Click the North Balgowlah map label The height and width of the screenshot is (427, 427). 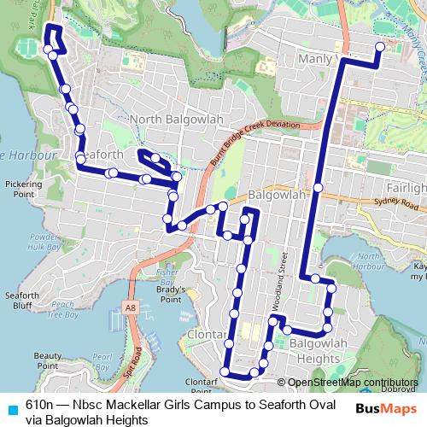171,119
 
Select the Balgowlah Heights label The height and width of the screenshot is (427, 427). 318,350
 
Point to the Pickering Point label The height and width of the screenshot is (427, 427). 23,188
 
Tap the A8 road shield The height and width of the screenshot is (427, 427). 130,306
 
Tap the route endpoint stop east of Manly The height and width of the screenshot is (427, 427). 379,47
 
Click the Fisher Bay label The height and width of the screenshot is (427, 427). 166,276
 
